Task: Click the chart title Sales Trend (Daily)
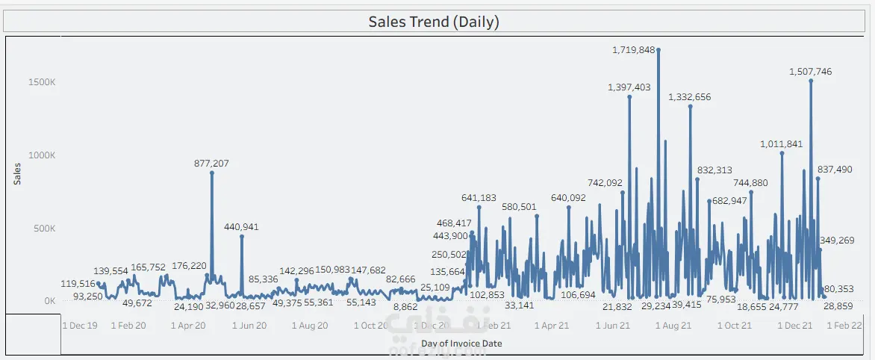click(434, 22)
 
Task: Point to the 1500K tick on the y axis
click(43, 82)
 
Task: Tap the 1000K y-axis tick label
click(43, 155)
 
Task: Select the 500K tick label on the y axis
click(45, 229)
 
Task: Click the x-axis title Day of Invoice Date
click(461, 344)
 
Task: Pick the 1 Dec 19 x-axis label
click(79, 326)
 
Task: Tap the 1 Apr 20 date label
click(188, 326)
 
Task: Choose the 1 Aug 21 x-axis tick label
click(675, 326)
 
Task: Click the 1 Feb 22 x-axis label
click(844, 326)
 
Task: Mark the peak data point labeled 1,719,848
click(658, 50)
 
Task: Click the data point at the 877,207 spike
click(212, 173)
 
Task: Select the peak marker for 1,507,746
click(811, 81)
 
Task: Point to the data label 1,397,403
click(629, 87)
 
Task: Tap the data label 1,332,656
click(690, 97)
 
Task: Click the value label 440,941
click(241, 227)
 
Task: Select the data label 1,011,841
click(782, 144)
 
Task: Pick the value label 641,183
click(479, 198)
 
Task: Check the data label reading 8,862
click(405, 307)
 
